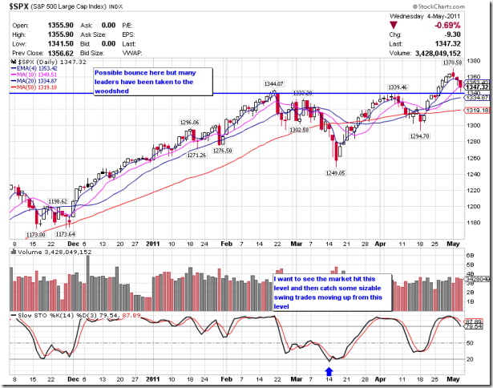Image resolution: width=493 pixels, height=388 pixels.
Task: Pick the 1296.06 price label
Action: (190, 123)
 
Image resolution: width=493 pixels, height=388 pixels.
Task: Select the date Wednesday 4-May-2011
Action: (443, 14)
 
